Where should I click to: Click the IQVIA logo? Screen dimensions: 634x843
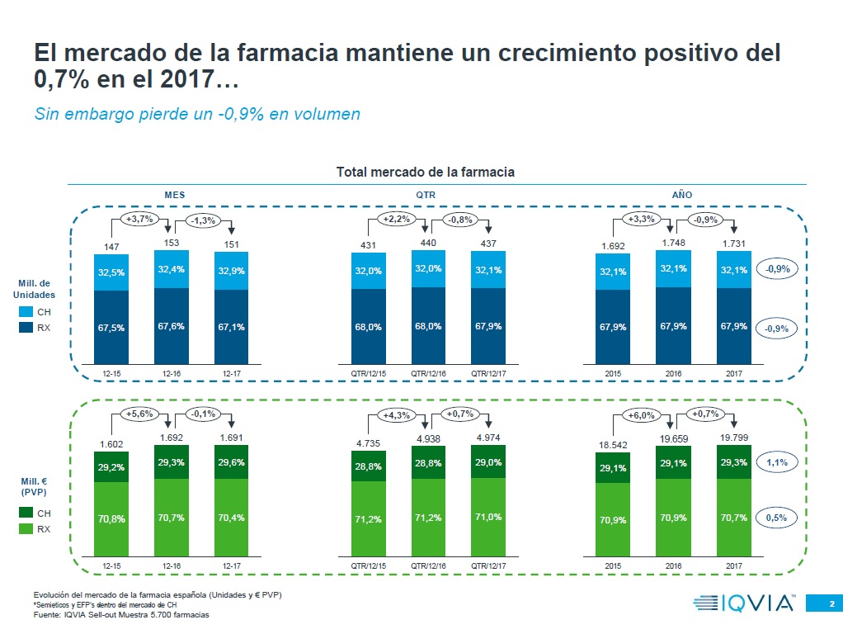click(x=744, y=603)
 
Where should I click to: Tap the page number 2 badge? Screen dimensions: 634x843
click(x=831, y=603)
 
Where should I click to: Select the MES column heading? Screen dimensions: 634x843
click(x=175, y=195)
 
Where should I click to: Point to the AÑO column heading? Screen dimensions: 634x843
click(x=681, y=195)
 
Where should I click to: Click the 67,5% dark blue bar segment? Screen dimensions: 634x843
click(x=112, y=327)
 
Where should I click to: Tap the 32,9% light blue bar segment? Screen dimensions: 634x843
click(x=232, y=271)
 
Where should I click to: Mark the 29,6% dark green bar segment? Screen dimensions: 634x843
click(x=232, y=463)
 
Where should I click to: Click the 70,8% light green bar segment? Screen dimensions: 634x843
click(x=112, y=519)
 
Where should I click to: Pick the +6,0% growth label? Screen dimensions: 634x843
click(x=642, y=414)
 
